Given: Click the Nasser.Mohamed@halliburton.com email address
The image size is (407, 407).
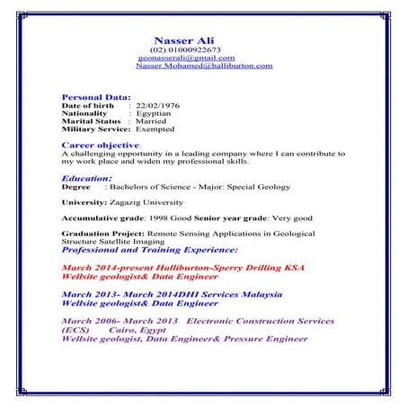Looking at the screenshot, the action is (x=204, y=66).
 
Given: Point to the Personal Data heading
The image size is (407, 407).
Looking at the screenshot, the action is (x=96, y=96).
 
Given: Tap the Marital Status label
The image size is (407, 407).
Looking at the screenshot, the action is (x=90, y=121).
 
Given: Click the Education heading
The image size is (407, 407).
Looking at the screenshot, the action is (x=86, y=179).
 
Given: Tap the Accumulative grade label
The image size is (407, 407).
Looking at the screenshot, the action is (x=100, y=218).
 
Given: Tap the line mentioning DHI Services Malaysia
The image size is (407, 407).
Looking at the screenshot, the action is (x=172, y=295).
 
